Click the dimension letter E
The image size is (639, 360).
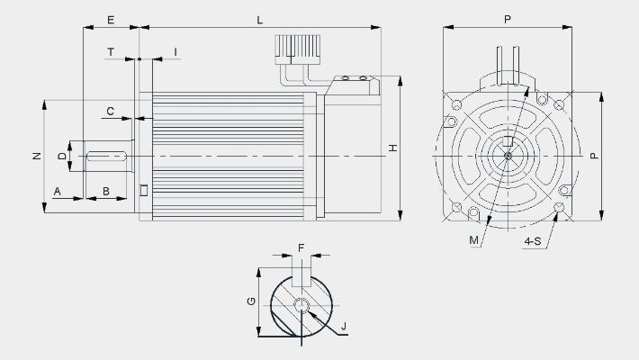(x=111, y=20)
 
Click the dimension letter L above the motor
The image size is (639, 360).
(x=259, y=20)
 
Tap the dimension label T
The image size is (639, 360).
(x=111, y=52)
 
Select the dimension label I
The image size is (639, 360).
(x=175, y=52)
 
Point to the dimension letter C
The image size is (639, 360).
(x=111, y=112)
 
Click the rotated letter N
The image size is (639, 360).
(x=37, y=156)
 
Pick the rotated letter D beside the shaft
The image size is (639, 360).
(x=62, y=156)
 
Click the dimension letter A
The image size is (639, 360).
(x=57, y=191)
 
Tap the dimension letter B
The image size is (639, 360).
(x=106, y=191)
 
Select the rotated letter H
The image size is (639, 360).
(x=392, y=148)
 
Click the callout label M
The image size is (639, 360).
(x=473, y=240)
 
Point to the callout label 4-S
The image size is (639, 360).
(x=533, y=241)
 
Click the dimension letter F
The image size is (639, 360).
(x=301, y=247)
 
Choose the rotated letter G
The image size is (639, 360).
(x=251, y=301)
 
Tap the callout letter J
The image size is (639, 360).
(x=344, y=326)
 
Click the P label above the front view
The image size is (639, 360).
(x=508, y=19)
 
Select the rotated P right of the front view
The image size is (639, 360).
(x=595, y=156)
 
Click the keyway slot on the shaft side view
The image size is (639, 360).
(x=107, y=156)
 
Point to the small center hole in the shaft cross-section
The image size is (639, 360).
(x=301, y=305)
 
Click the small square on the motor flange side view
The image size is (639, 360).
(x=143, y=190)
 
